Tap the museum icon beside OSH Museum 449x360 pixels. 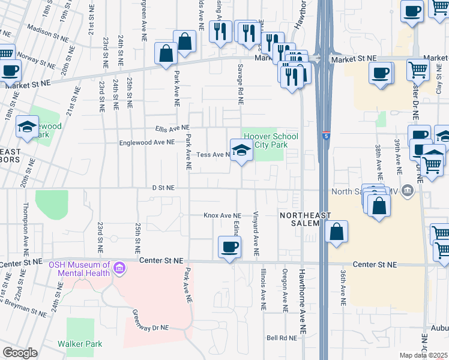(119, 268)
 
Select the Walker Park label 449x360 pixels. (80, 344)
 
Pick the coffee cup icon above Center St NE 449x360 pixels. (229, 247)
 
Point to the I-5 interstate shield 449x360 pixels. (325, 136)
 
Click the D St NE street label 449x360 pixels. (163, 188)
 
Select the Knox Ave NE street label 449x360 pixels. (222, 215)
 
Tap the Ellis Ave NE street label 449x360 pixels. (171, 128)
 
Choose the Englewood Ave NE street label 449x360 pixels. (146, 142)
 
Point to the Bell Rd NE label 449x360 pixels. (282, 338)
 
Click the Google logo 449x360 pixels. (20, 353)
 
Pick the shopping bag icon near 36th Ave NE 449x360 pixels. (337, 232)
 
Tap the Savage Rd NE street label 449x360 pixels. (240, 85)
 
